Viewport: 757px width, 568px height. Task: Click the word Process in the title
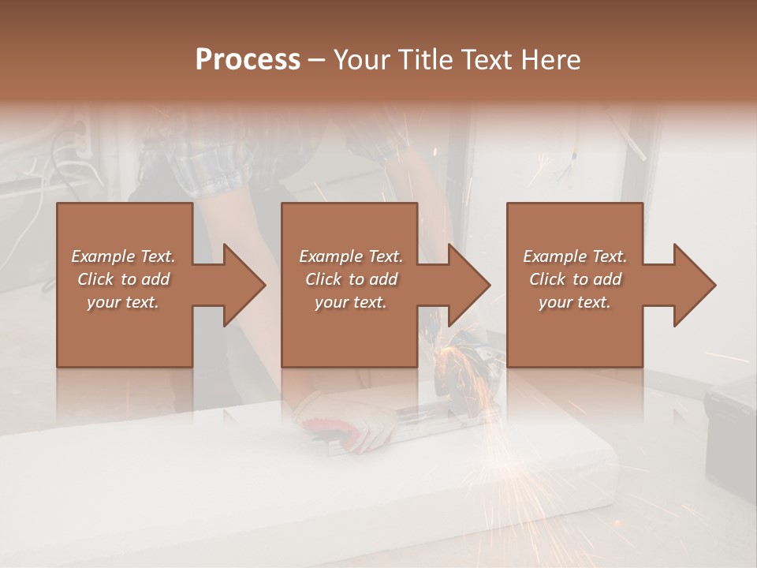click(248, 60)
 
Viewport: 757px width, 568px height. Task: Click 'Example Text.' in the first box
click(123, 256)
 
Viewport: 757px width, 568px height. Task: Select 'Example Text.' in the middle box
click(351, 256)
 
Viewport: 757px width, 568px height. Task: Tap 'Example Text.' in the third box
click(575, 256)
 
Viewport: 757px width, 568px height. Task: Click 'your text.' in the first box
click(123, 302)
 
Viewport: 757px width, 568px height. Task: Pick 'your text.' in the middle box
click(351, 302)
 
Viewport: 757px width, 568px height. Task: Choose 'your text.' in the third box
click(575, 302)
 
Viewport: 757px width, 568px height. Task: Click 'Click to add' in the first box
click(123, 279)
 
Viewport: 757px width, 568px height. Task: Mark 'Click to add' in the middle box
click(351, 279)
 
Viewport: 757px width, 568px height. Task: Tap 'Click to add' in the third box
click(575, 279)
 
